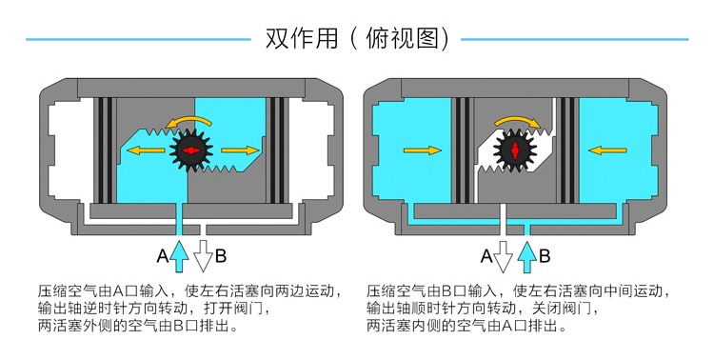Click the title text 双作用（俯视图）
(x=357, y=39)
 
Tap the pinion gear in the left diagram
(x=191, y=150)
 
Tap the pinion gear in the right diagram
(x=516, y=150)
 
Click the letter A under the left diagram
(x=163, y=255)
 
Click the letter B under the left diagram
(x=221, y=255)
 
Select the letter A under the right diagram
(x=486, y=255)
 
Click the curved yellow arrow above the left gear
(x=189, y=119)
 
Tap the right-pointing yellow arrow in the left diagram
(x=240, y=150)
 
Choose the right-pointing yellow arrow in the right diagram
(x=422, y=150)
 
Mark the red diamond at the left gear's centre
(x=191, y=150)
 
